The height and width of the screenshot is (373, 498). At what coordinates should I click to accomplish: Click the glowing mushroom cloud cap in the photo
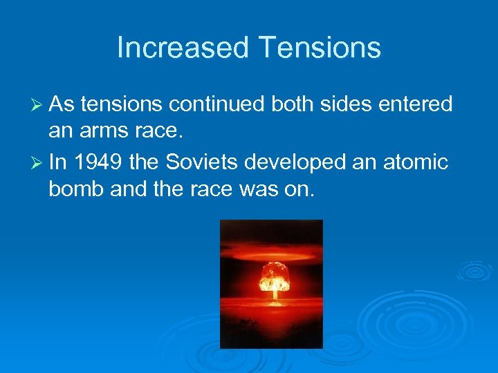tap(274, 274)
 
